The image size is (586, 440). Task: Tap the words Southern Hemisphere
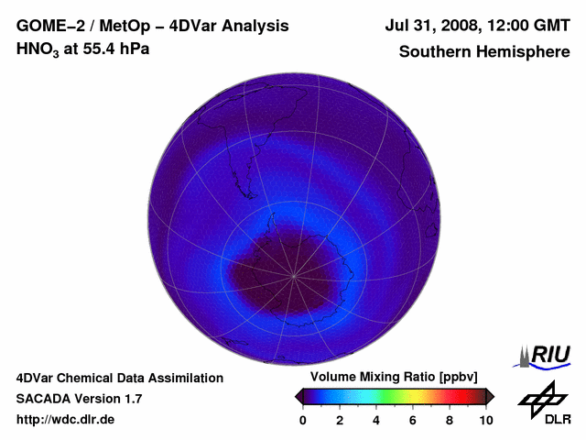click(483, 51)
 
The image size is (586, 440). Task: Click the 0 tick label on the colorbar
click(303, 420)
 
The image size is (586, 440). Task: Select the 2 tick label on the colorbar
click(340, 420)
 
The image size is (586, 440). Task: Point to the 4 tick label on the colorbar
click(376, 420)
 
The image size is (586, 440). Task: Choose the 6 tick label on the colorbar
click(413, 420)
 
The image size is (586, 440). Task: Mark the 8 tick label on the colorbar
click(450, 420)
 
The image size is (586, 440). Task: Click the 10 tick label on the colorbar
click(485, 420)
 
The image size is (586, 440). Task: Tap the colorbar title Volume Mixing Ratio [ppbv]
click(394, 378)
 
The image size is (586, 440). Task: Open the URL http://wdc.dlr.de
click(65, 420)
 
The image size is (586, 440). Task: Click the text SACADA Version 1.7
click(79, 399)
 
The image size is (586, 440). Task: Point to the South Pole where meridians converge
click(294, 275)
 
